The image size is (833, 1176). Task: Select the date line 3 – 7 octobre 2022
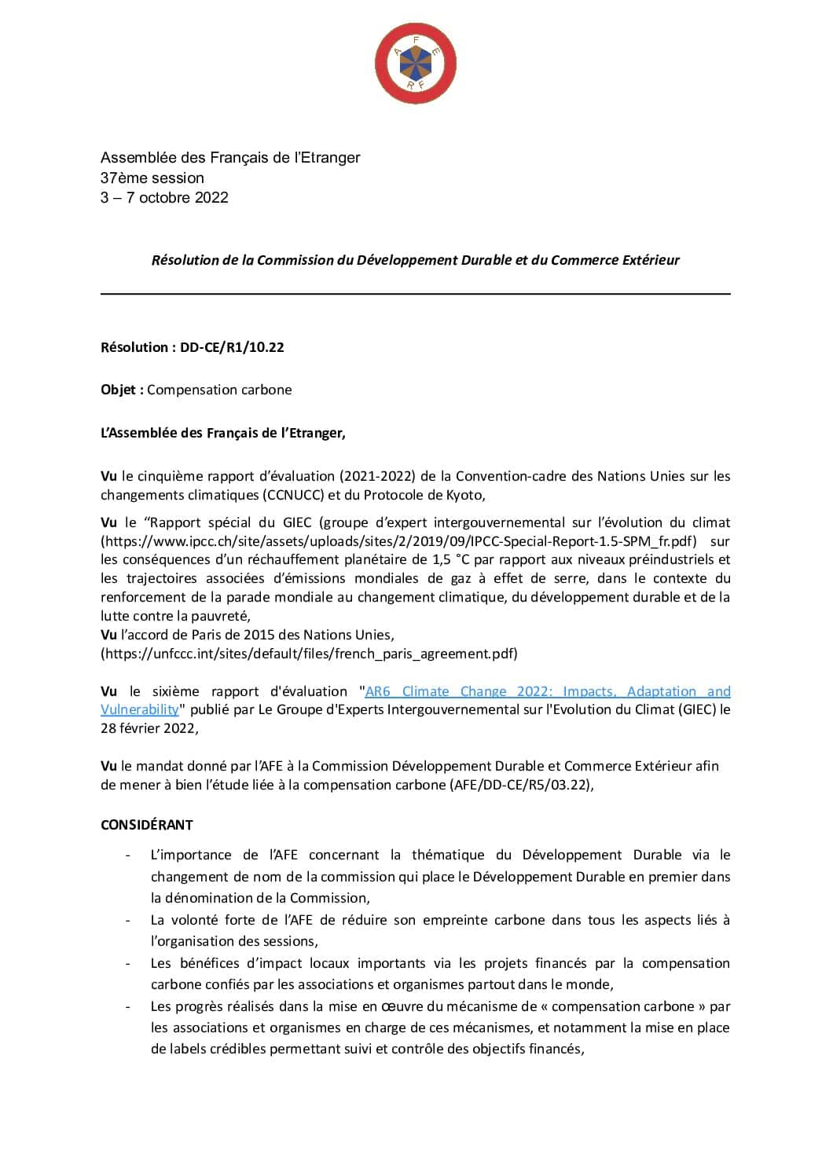click(164, 198)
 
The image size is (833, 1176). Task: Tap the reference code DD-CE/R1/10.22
click(232, 347)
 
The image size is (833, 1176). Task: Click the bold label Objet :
click(122, 390)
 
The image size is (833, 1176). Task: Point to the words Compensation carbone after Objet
click(219, 390)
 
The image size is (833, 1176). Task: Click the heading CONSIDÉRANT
click(146, 825)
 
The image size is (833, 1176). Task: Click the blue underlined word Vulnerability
click(140, 709)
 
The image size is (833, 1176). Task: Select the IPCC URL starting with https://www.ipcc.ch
click(398, 541)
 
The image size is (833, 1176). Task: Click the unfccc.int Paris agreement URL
click(309, 654)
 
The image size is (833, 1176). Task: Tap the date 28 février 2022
click(148, 728)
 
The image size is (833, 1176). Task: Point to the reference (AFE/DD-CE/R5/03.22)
click(520, 785)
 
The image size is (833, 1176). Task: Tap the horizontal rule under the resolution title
click(415, 294)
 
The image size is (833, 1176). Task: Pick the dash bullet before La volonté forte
click(128, 920)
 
